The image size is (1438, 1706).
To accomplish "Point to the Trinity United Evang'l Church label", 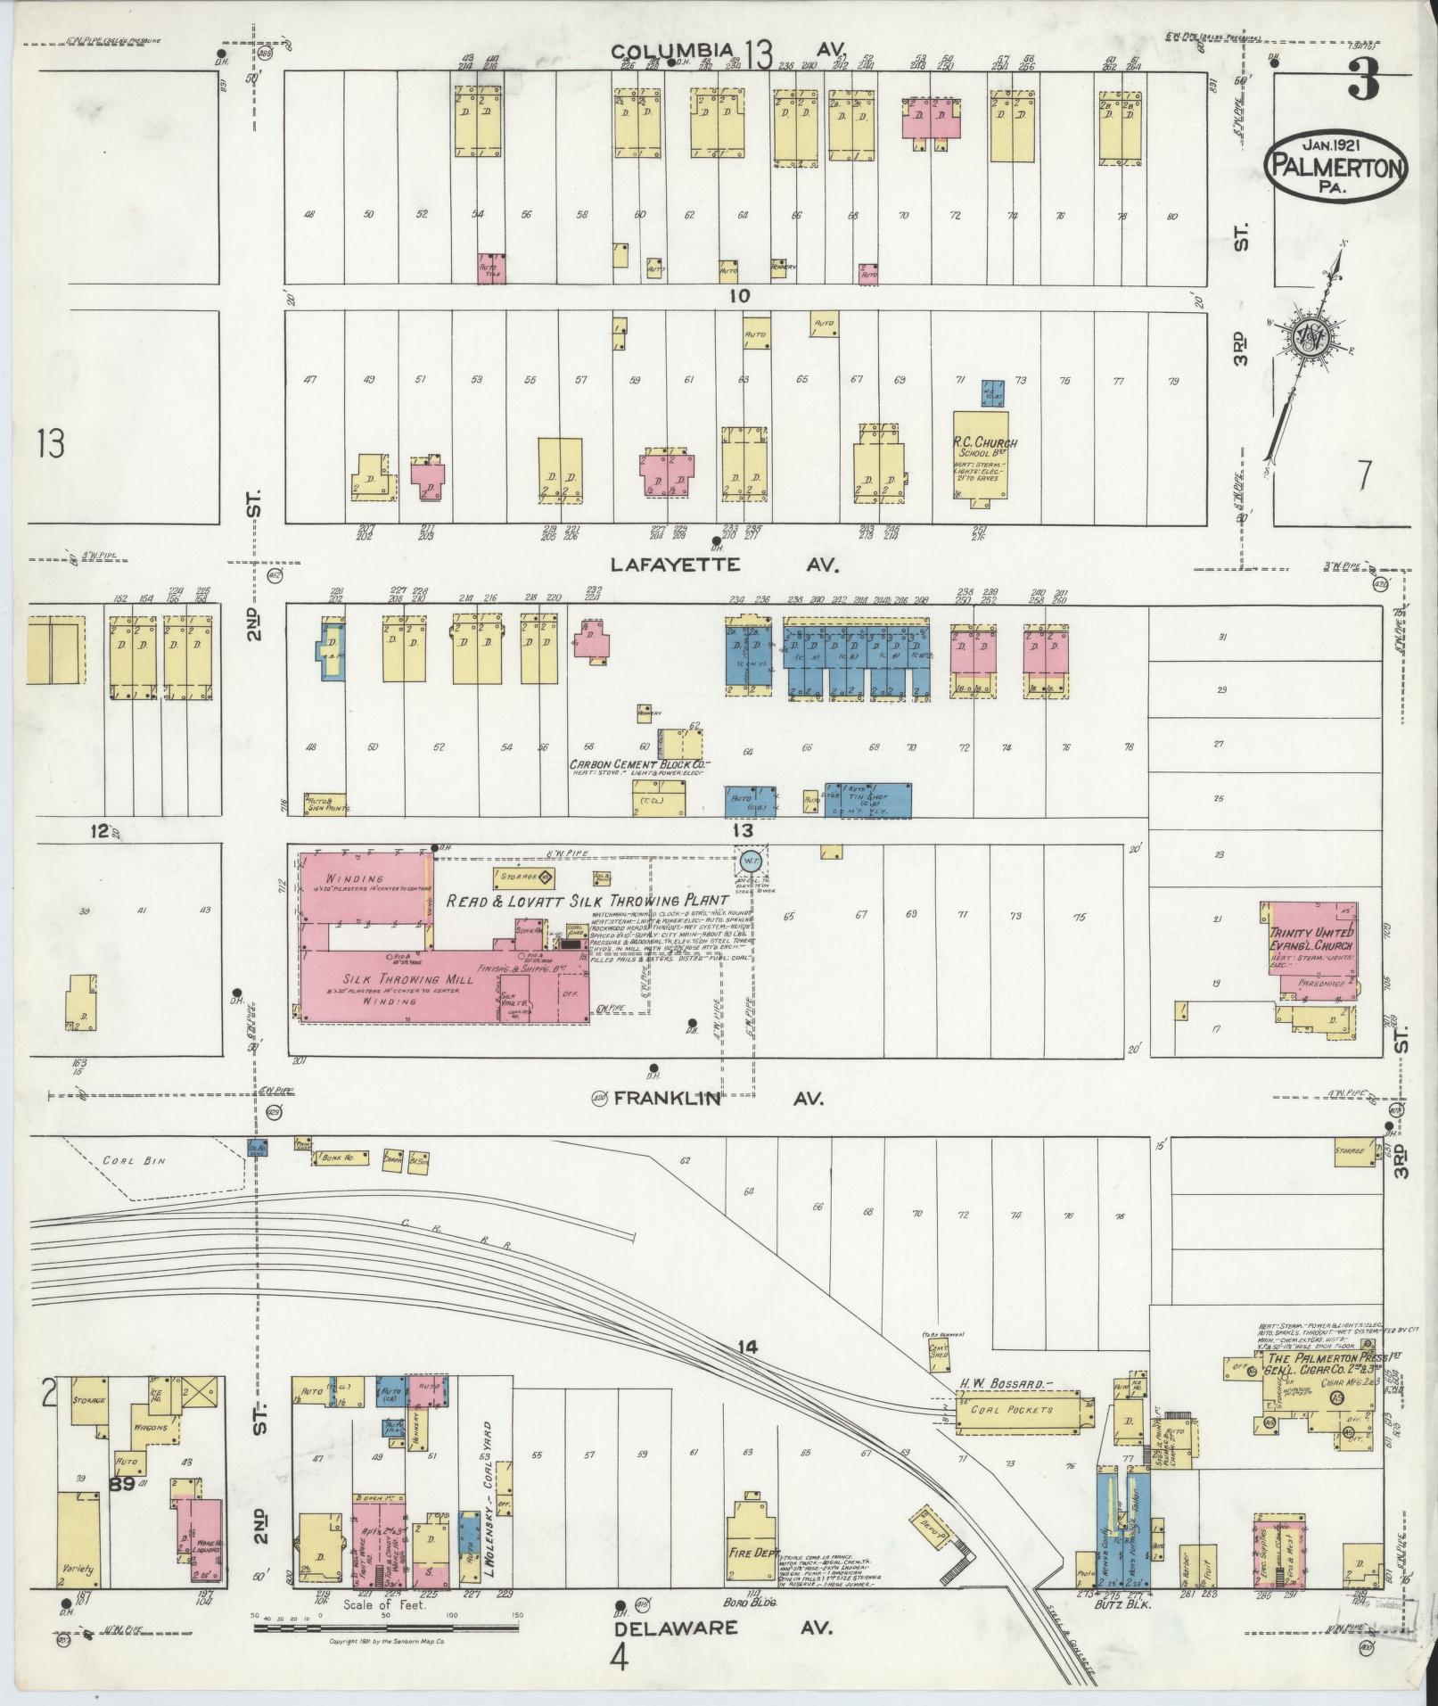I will tap(1311, 939).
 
